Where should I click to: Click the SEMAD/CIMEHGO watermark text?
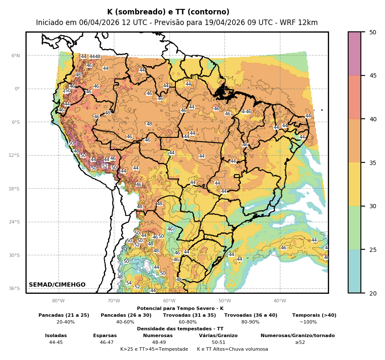click(57, 285)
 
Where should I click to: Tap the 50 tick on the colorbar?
click(372, 32)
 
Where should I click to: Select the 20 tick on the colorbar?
click(372, 293)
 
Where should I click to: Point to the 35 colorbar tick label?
click(372, 162)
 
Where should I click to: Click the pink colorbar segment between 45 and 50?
click(355, 54)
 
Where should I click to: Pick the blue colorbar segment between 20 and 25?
click(355, 271)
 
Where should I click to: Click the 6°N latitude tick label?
click(16, 56)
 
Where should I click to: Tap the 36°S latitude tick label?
click(15, 288)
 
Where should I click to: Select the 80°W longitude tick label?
click(58, 301)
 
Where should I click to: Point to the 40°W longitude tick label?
click(280, 301)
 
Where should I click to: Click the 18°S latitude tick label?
click(15, 189)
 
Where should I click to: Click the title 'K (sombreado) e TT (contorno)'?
click(168, 12)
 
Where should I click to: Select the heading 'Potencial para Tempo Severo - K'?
click(180, 309)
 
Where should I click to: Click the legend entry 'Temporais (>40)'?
click(314, 315)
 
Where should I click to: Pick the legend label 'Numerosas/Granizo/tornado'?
click(297, 335)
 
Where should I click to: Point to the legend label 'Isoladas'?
click(56, 335)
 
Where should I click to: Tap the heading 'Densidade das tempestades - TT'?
click(180, 329)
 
